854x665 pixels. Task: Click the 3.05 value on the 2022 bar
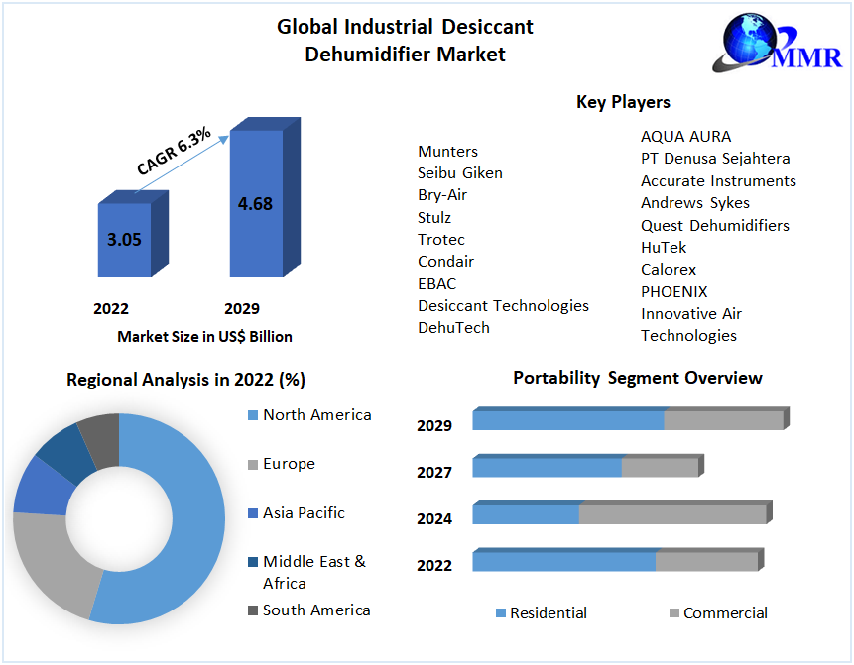[125, 239]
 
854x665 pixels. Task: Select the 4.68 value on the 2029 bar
[255, 204]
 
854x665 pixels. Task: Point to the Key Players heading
[623, 102]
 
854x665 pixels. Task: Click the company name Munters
[447, 151]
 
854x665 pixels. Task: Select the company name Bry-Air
[442, 195]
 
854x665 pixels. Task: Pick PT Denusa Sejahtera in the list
[715, 159]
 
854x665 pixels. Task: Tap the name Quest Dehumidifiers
[715, 225]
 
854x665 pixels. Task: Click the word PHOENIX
[674, 291]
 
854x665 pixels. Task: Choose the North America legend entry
[316, 414]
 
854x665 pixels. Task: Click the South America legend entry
[316, 610]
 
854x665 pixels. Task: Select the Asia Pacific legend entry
[304, 512]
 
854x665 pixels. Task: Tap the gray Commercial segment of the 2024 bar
[671, 514]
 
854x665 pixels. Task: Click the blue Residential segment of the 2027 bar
[547, 467]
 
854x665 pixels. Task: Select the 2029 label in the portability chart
[434, 426]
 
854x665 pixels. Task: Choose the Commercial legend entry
[725, 613]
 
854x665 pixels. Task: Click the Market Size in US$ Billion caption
[204, 337]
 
